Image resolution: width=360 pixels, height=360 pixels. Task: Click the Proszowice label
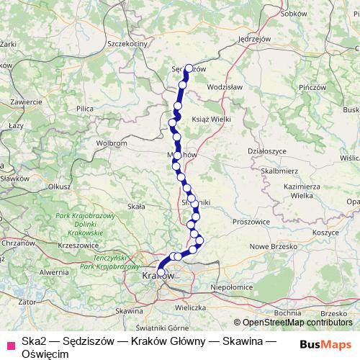click(x=248, y=222)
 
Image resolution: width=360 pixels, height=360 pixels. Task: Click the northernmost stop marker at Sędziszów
click(x=190, y=68)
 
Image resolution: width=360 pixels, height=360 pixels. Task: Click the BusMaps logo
click(x=325, y=343)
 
